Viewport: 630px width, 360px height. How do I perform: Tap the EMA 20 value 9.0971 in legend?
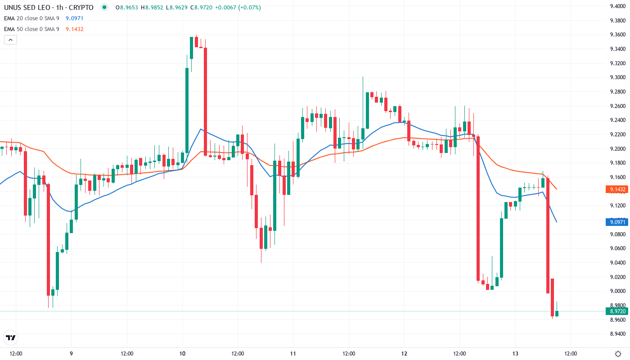(x=74, y=18)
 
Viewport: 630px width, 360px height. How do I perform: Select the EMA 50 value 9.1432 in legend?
(x=74, y=29)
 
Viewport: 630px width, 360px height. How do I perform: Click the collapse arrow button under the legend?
(x=10, y=40)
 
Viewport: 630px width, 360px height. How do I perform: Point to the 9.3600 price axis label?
(x=616, y=35)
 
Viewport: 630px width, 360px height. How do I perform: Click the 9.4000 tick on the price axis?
(x=616, y=6)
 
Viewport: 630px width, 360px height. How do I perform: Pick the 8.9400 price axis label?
(x=616, y=334)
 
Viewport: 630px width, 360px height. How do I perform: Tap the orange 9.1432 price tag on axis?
(x=616, y=189)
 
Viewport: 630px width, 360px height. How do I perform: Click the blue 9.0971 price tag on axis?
(x=616, y=222)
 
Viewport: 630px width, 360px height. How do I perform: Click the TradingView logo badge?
(x=11, y=337)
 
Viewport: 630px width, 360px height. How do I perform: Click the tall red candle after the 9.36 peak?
(x=205, y=101)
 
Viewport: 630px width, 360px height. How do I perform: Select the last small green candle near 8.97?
(x=557, y=301)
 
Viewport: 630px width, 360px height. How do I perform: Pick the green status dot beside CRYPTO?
(x=105, y=8)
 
